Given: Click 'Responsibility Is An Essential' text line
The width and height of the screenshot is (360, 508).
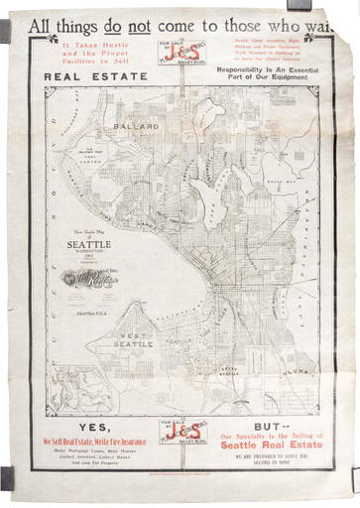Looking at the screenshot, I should coord(269,72).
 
